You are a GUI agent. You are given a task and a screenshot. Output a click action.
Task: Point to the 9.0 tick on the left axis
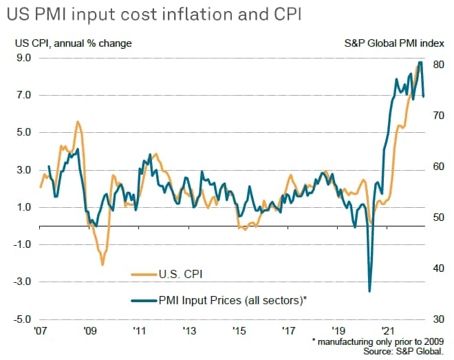[x=24, y=58]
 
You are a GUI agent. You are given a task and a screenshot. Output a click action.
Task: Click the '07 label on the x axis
[x=40, y=330]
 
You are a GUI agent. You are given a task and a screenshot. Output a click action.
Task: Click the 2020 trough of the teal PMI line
[x=369, y=290]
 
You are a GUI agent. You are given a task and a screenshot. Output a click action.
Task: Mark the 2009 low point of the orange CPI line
[x=102, y=264]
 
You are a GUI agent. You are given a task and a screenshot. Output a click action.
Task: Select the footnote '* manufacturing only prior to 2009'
[x=379, y=341]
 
